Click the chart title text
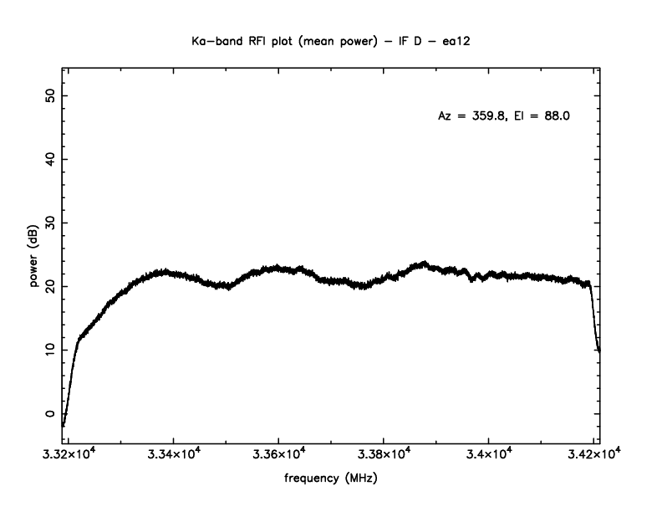tap(331, 39)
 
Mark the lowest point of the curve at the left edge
tap(63, 425)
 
